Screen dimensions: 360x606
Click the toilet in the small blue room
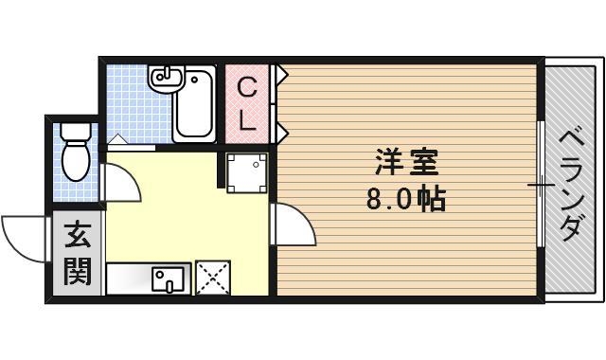pyautogui.click(x=75, y=153)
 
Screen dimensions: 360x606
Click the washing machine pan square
pyautogui.click(x=247, y=171)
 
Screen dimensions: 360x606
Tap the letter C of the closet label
pyautogui.click(x=246, y=89)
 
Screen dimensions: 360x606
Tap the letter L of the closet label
pyautogui.click(x=246, y=119)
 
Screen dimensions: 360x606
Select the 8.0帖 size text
pyautogui.click(x=405, y=201)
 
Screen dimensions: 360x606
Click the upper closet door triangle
pyautogui.click(x=282, y=72)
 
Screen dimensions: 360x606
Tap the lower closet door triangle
pyautogui.click(x=282, y=128)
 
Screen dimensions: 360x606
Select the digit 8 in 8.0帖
pyautogui.click(x=374, y=201)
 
